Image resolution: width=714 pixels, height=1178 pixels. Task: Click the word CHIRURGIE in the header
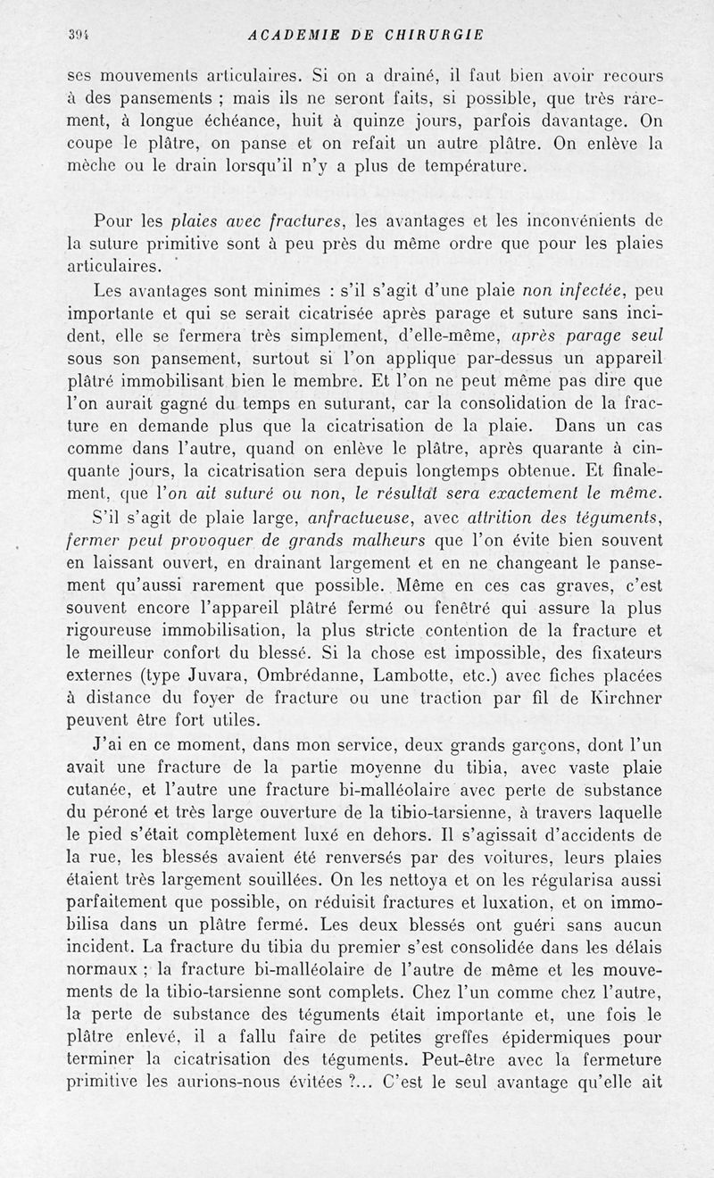click(432, 35)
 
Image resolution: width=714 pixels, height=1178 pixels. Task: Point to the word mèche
click(94, 165)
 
